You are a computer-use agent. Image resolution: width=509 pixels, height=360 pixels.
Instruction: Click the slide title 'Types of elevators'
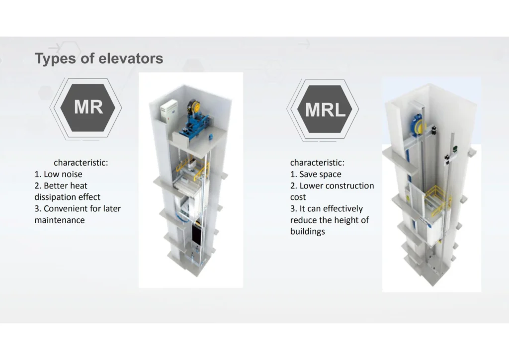point(99,59)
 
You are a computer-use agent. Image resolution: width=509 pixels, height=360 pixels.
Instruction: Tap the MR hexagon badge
point(86,108)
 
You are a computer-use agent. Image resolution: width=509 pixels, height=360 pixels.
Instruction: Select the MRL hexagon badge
point(323,109)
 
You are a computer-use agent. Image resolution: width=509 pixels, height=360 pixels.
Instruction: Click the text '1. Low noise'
point(59,175)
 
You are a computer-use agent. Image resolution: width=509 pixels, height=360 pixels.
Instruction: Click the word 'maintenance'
point(60,220)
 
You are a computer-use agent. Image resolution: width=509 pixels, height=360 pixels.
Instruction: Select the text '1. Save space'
point(316,175)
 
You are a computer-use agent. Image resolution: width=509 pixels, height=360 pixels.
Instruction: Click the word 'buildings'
point(307,231)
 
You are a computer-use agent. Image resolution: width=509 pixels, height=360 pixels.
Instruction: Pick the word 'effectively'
point(343,209)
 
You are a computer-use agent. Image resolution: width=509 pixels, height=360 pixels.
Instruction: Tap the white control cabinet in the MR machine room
point(169,111)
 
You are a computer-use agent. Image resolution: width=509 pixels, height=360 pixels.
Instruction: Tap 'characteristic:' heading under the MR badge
point(81,163)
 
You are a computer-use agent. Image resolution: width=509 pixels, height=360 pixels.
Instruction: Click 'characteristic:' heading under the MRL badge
point(317,163)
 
